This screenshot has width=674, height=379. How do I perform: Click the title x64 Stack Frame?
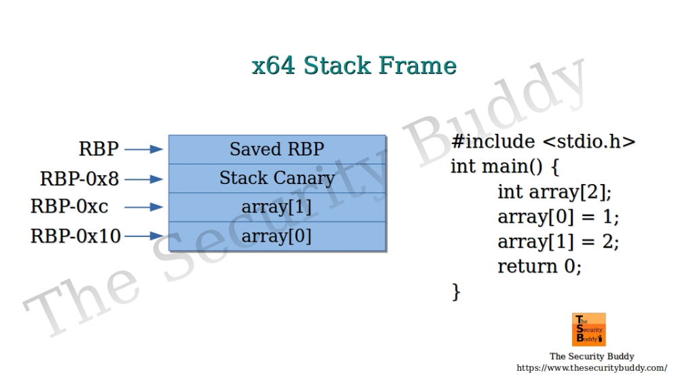tap(354, 66)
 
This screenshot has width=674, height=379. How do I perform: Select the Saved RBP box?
tap(277, 149)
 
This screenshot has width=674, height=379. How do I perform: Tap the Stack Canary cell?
tap(277, 179)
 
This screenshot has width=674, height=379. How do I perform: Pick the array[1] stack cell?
tap(277, 207)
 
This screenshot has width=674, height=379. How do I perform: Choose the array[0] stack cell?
tap(277, 236)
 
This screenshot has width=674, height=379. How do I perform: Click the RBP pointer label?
tap(99, 149)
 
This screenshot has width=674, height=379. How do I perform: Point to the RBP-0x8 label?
tap(79, 179)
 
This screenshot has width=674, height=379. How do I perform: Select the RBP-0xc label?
tap(69, 206)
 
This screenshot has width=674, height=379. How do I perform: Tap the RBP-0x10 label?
tap(75, 236)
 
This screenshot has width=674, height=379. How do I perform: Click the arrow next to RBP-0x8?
tap(144, 179)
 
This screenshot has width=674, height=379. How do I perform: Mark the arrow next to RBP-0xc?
tap(144, 207)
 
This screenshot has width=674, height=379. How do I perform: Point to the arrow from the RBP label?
tap(144, 149)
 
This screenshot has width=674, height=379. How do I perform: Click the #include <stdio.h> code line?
tap(543, 141)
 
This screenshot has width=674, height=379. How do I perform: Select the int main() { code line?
tap(505, 166)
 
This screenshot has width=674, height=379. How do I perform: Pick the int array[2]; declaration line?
tap(554, 192)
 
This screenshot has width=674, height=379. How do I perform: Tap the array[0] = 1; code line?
tap(558, 217)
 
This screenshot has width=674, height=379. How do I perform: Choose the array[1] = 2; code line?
tap(558, 241)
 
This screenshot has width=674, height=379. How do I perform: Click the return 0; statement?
tap(539, 266)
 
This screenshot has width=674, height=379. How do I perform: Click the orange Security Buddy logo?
tap(589, 329)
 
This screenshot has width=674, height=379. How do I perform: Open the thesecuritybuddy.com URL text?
tap(592, 367)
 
